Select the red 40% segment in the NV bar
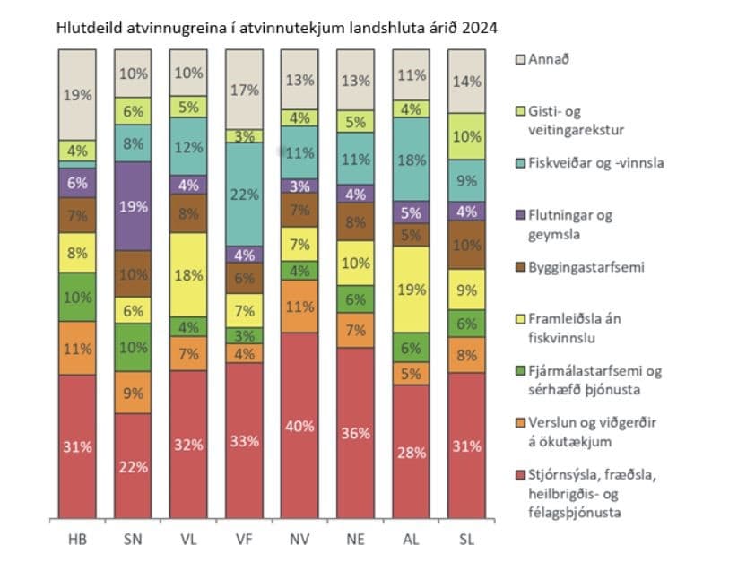tap(299, 426)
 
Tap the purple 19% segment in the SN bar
tap(134, 205)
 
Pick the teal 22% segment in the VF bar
tap(244, 194)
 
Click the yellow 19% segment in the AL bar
tap(409, 289)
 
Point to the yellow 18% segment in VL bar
tap(189, 274)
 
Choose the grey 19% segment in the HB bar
tap(76, 94)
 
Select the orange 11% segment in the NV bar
tap(299, 306)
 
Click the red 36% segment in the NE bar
tap(354, 433)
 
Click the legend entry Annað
tap(547, 59)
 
